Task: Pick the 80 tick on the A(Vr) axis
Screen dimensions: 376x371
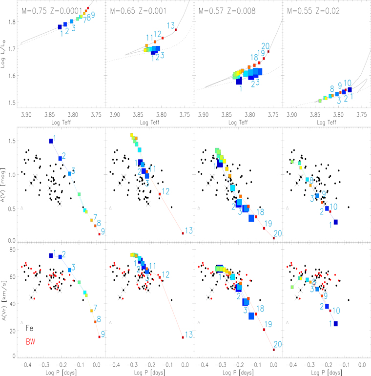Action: [x=11, y=250]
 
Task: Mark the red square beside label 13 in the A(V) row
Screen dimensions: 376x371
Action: [x=183, y=233]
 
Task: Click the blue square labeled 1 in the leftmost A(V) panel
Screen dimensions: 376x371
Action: [x=51, y=141]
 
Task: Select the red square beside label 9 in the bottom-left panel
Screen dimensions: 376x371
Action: [x=99, y=336]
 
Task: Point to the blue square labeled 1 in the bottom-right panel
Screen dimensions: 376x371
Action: [x=336, y=323]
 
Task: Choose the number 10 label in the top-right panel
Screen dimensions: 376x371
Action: [x=347, y=83]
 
